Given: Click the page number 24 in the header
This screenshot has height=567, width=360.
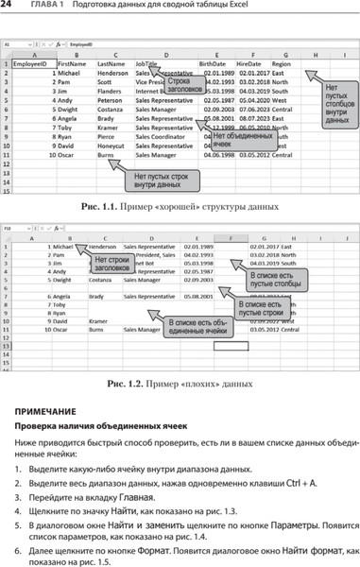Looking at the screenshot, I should [x=8, y=8].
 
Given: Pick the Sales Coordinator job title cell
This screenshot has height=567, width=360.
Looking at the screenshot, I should [x=161, y=137].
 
